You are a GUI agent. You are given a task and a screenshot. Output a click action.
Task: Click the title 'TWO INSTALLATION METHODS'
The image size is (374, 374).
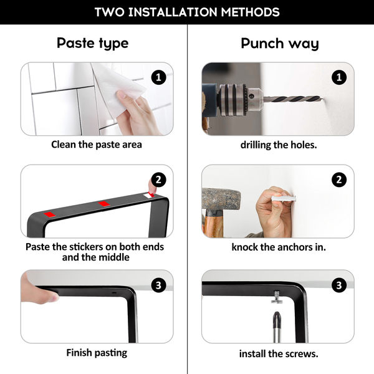click(187, 12)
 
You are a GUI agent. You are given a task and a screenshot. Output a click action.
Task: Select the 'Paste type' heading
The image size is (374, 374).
click(92, 44)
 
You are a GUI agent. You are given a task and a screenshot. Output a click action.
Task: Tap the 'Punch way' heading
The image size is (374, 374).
click(280, 44)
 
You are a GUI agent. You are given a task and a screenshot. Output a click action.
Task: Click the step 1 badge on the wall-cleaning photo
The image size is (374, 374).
click(158, 77)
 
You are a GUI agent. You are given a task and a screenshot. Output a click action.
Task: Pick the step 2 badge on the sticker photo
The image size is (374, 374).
click(158, 180)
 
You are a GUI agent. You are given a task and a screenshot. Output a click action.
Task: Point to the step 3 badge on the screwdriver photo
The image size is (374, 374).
click(339, 285)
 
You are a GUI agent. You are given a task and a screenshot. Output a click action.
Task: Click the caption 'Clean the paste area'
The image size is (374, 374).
click(97, 145)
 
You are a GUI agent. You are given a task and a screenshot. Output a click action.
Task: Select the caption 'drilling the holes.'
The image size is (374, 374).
click(279, 145)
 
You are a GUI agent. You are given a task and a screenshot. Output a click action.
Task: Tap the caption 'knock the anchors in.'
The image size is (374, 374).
click(279, 247)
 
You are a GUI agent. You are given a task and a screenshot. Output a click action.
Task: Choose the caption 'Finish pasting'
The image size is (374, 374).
click(97, 353)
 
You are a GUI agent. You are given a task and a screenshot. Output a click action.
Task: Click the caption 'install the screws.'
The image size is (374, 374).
click(279, 353)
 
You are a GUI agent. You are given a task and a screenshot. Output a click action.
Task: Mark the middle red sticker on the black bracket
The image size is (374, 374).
click(104, 204)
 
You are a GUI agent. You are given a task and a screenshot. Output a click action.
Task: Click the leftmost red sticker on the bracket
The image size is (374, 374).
click(50, 214)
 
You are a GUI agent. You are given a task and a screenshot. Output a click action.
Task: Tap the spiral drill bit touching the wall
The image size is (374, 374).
click(293, 98)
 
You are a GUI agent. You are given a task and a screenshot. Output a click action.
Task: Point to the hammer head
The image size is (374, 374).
click(221, 199)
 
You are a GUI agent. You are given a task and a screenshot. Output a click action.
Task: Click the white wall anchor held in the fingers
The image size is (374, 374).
click(284, 199)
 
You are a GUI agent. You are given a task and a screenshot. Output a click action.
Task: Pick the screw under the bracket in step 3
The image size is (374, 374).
click(277, 297)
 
